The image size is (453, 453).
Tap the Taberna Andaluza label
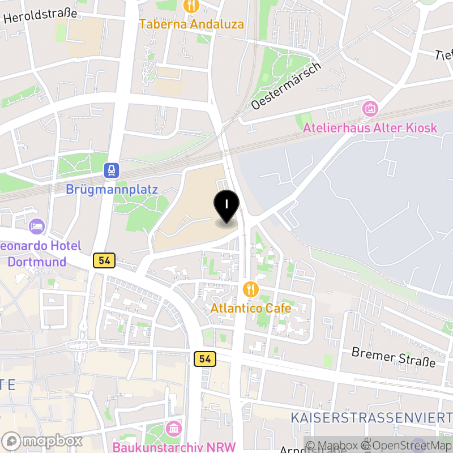[192, 24]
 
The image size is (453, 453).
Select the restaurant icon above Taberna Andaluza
[192, 6]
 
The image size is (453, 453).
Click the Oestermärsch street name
[286, 86]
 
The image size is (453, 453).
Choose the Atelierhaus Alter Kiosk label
[370, 127]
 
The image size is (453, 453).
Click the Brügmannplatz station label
[112, 189]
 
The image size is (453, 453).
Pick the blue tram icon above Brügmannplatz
[112, 169]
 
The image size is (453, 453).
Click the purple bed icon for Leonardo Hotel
[37, 226]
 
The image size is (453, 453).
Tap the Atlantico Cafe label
[251, 309]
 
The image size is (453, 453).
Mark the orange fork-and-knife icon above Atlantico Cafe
[251, 290]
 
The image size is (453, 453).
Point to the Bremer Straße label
[394, 357]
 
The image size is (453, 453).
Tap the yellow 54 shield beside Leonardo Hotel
[104, 260]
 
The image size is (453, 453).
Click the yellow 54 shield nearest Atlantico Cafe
[205, 359]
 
